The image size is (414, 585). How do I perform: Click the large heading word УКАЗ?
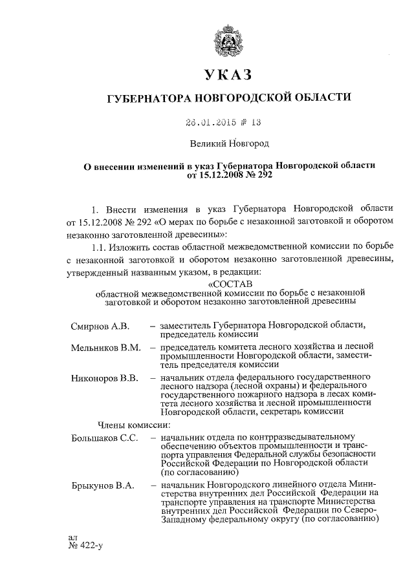[228, 77]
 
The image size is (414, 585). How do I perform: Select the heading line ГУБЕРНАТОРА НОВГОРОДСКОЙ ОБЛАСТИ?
[228, 98]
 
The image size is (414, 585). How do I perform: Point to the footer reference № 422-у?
[85, 547]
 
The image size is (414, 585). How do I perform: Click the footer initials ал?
[72, 537]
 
